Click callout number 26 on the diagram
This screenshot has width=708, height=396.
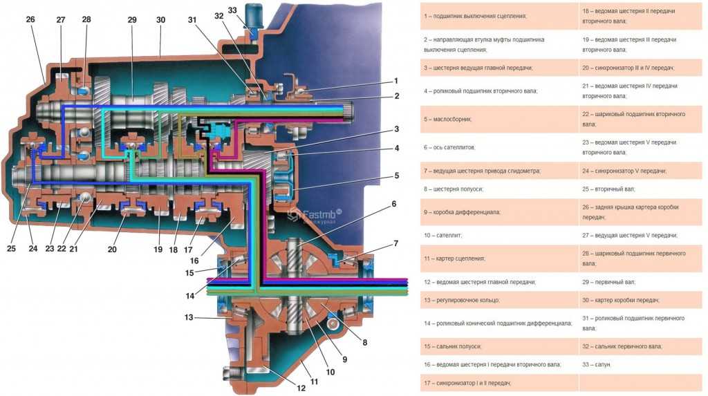tap(30, 19)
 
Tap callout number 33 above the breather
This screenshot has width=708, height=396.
tap(232, 10)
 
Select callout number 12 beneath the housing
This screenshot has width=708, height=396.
tap(301, 388)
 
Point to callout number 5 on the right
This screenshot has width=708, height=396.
tap(396, 176)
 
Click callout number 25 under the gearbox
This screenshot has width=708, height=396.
tap(11, 248)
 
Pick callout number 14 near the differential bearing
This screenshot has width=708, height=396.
tap(189, 296)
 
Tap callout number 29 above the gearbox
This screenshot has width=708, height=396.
tap(132, 19)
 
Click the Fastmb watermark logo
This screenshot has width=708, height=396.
tap(315, 216)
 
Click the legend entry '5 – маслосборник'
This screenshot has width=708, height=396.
tap(447, 119)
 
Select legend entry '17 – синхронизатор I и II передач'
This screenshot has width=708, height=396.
tap(467, 383)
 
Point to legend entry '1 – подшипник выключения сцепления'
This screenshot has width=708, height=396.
tap(475, 16)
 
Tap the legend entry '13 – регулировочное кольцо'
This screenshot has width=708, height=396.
tap(461, 300)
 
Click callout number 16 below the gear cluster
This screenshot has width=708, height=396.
tap(194, 261)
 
